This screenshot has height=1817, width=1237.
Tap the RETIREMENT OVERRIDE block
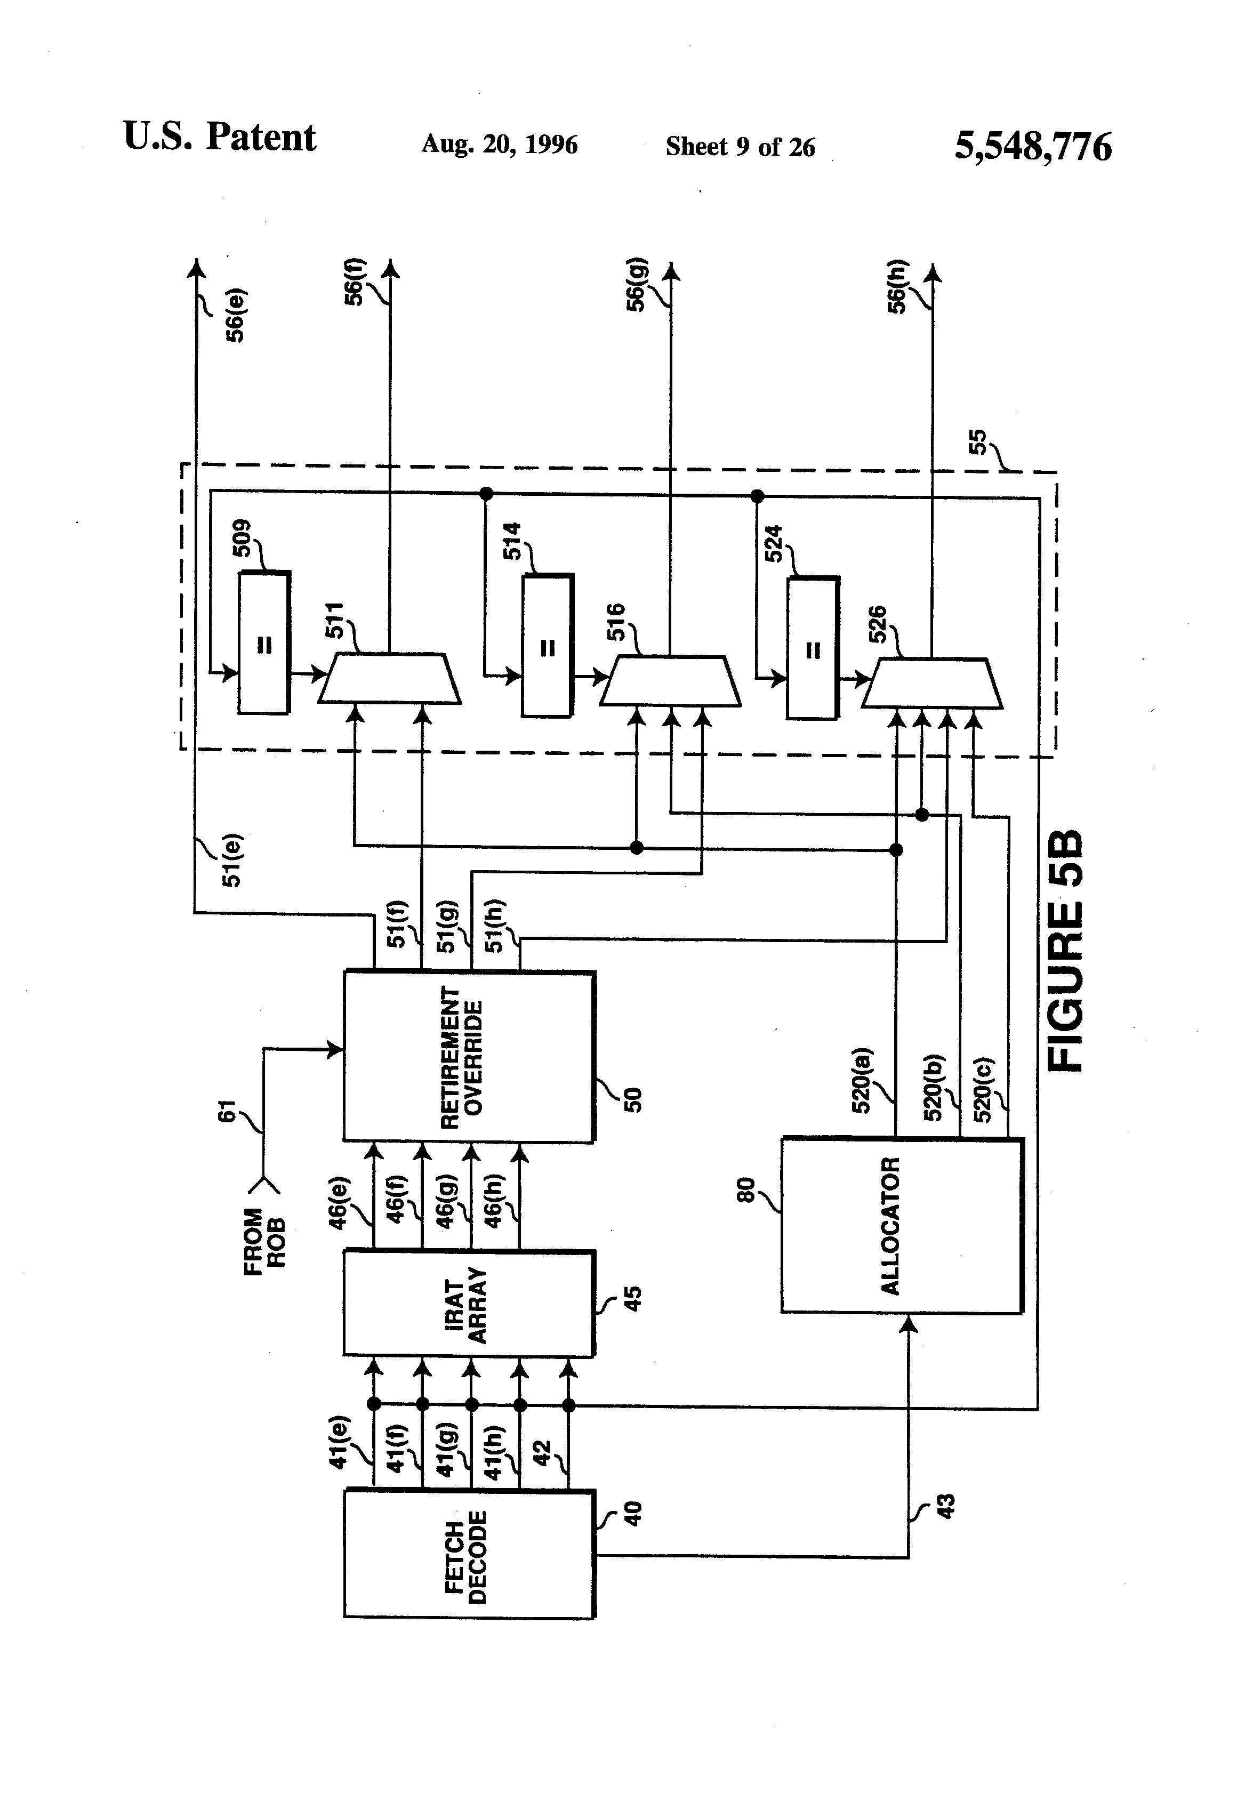tap(469, 1056)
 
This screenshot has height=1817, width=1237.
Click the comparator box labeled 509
tap(264, 642)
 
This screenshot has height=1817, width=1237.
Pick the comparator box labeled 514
tap(548, 646)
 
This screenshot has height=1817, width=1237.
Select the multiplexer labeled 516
tap(670, 681)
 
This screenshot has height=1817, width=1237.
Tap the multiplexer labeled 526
tap(932, 684)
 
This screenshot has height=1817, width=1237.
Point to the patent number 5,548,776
tap(1033, 146)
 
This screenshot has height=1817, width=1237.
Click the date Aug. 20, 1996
tap(500, 144)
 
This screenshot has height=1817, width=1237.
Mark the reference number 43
tap(945, 1506)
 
